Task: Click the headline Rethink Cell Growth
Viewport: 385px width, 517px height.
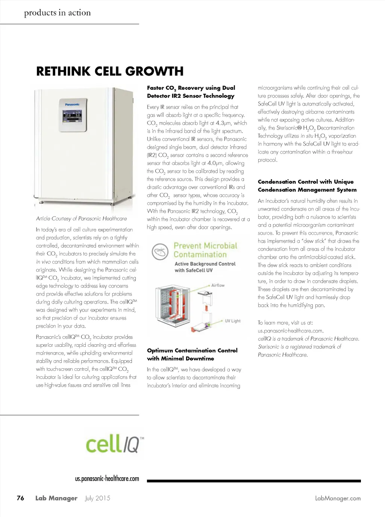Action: pos(110,71)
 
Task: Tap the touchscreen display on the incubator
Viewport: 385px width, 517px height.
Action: pos(72,116)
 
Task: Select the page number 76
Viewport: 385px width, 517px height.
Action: pos(20,498)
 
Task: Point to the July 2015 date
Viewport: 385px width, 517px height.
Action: pos(98,498)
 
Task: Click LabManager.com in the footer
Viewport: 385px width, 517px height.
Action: pos(338,498)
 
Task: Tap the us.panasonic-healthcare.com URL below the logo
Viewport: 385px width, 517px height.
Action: pos(107,479)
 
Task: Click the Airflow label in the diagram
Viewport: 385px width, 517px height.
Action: pos(218,286)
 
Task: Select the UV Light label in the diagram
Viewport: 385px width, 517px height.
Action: pos(232,321)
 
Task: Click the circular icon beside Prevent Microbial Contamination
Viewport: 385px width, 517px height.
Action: pos(160,252)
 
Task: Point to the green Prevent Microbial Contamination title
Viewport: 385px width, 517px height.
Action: pos(205,250)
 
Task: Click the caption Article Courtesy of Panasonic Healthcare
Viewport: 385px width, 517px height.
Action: pos(81,219)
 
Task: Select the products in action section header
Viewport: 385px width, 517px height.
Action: pos(58,13)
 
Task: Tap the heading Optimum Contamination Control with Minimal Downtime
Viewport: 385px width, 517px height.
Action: pos(192,354)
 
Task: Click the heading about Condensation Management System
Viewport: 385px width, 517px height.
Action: pos(307,186)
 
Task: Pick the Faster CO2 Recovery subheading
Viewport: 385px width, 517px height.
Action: pos(191,92)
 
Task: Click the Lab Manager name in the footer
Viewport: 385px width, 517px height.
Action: pos(56,498)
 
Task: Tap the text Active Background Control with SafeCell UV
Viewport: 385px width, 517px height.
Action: pos(205,267)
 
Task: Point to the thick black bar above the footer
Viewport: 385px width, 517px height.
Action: pos(254,481)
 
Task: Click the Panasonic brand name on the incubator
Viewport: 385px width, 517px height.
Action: pos(72,104)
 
